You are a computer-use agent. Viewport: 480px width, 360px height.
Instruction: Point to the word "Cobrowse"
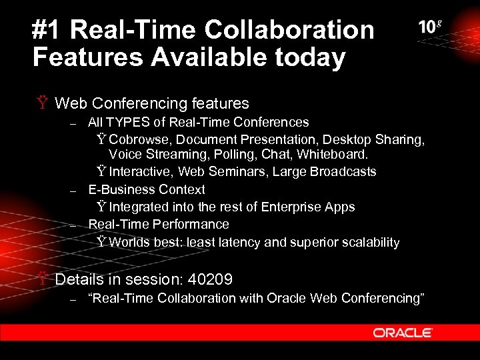(x=137, y=139)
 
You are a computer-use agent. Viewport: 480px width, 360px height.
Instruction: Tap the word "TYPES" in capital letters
(x=127, y=122)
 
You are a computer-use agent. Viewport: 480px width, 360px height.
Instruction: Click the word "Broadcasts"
(x=343, y=172)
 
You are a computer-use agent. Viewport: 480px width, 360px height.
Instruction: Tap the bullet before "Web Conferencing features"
(x=43, y=103)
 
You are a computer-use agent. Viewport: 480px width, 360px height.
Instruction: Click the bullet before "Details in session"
(x=43, y=279)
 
